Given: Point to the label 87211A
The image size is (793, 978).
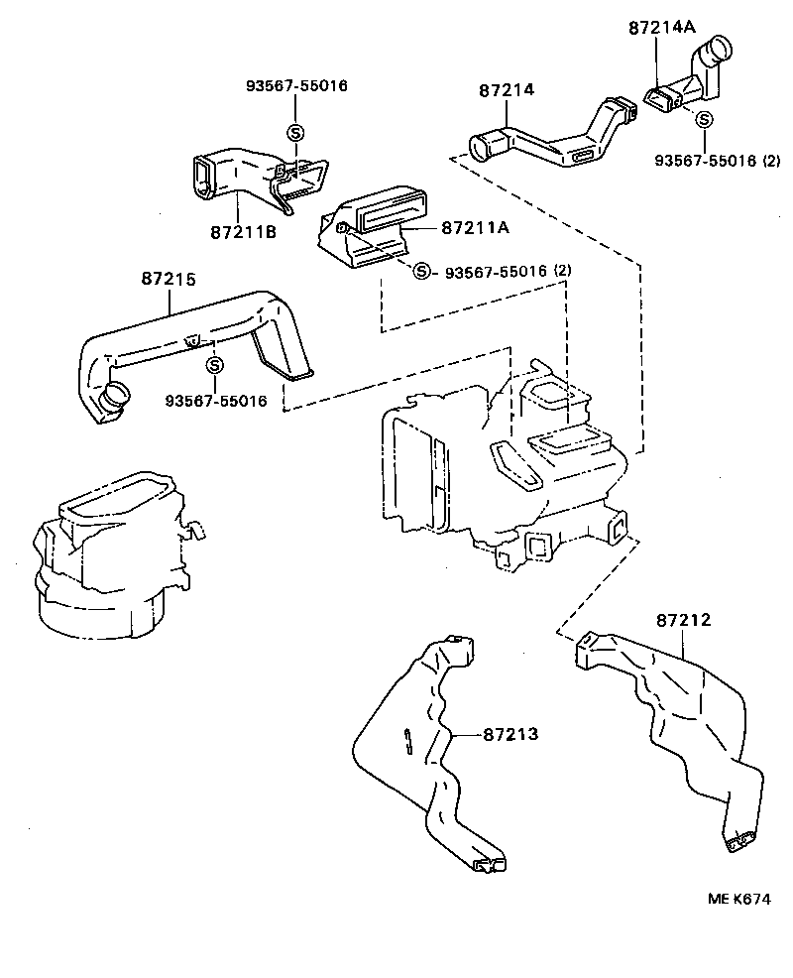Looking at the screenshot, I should (x=475, y=227).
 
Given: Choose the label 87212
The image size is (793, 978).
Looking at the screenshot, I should (x=683, y=621).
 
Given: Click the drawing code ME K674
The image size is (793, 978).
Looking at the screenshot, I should (x=738, y=899).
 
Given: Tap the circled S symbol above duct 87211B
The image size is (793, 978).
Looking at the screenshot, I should (x=294, y=132).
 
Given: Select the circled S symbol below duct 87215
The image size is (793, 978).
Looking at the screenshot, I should (x=213, y=364).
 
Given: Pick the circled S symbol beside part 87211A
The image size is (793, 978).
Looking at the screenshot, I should (x=422, y=271).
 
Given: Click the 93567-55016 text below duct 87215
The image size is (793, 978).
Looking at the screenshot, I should (x=215, y=401).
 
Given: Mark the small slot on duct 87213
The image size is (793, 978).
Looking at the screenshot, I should (x=408, y=741).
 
